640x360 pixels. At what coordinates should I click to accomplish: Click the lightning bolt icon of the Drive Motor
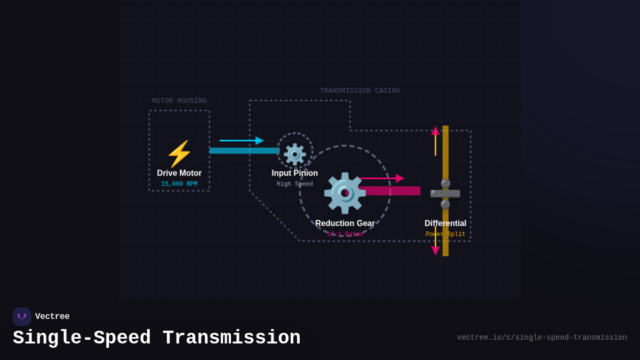click(179, 154)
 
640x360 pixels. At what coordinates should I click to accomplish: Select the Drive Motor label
click(179, 173)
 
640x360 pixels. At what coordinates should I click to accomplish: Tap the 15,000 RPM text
click(179, 185)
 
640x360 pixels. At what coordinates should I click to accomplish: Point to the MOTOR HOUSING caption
click(179, 101)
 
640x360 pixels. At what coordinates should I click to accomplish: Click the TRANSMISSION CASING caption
click(360, 91)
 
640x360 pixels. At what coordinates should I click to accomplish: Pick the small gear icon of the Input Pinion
click(295, 154)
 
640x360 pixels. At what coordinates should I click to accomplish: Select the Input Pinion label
click(294, 173)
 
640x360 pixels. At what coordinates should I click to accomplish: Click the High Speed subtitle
click(294, 185)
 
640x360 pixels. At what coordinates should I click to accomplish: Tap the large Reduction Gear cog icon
click(345, 193)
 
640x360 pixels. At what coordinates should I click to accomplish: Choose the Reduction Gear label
click(345, 223)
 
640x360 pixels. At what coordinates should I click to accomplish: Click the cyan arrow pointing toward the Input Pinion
click(242, 141)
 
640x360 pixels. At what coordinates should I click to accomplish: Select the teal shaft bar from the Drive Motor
click(244, 151)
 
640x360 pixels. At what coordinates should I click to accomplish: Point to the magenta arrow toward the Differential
click(382, 178)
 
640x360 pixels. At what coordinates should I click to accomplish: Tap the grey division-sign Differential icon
click(445, 194)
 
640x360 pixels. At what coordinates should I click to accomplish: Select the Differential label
click(445, 223)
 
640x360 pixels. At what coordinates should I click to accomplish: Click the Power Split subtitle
click(445, 235)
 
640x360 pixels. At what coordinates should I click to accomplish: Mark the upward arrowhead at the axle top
click(435, 131)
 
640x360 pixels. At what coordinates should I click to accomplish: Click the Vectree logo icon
click(22, 317)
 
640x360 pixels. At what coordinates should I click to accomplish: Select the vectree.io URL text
click(542, 338)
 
